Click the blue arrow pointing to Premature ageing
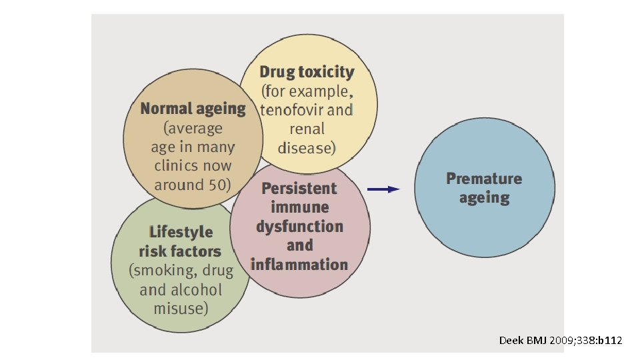[x=383, y=189]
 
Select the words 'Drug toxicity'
[x=307, y=72]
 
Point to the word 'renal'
[x=307, y=129]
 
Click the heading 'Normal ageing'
[x=193, y=109]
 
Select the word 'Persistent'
[x=299, y=189]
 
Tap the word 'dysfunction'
[x=299, y=227]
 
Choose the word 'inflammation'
[x=299, y=265]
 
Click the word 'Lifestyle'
[x=181, y=233]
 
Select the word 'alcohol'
[x=195, y=290]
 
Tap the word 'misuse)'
[x=181, y=309]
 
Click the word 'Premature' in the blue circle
[x=484, y=179]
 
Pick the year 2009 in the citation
[x=562, y=341]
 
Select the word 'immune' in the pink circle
[x=299, y=207]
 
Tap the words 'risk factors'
[x=180, y=251]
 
